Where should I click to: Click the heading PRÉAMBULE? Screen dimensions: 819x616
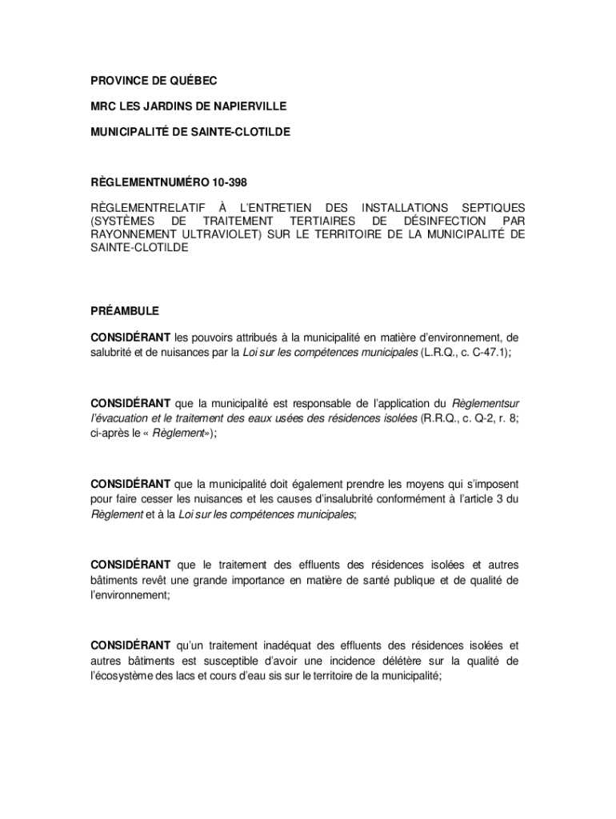coord(124,310)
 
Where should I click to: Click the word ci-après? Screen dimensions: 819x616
coord(109,433)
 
